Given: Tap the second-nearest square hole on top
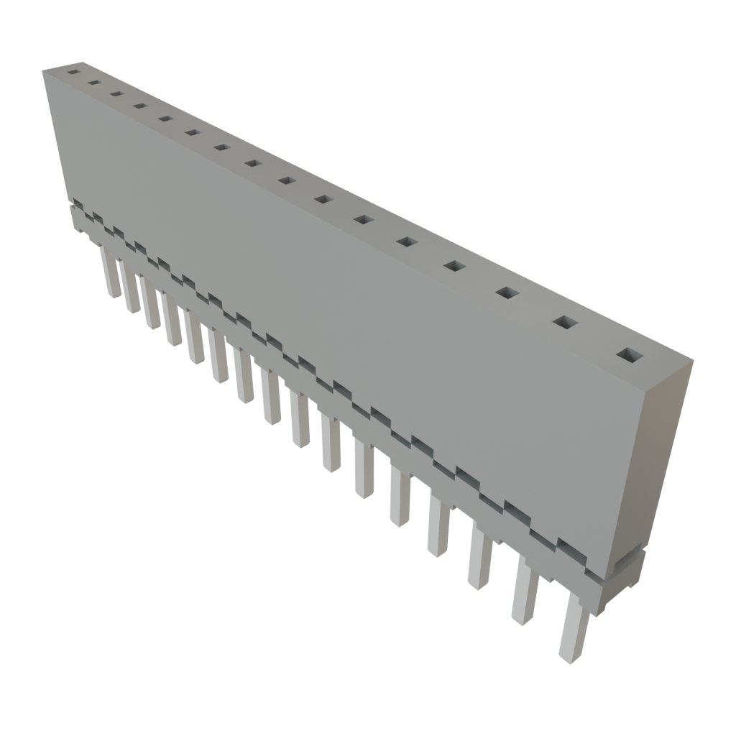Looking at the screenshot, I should [x=566, y=323].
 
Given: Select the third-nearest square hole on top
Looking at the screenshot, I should [x=507, y=293].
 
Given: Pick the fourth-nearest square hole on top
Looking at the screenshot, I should [x=454, y=267].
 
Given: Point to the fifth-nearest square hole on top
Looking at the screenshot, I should [x=406, y=242].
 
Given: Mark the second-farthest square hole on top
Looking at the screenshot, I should [x=93, y=83].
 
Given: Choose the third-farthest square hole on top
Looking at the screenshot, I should [x=116, y=93].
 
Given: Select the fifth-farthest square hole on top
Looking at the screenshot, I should [x=165, y=119].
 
